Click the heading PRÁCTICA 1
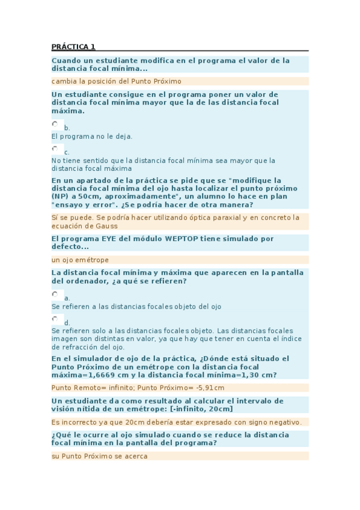point(73,47)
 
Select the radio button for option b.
point(55,124)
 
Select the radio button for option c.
point(55,149)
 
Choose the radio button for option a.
point(55,295)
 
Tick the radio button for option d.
point(55,319)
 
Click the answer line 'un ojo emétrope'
point(80,260)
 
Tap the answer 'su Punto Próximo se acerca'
point(99,456)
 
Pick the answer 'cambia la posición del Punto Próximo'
point(116,81)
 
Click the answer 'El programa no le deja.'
point(92,137)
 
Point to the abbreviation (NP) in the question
point(59,196)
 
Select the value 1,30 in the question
point(245,375)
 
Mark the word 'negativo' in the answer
point(282,422)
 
